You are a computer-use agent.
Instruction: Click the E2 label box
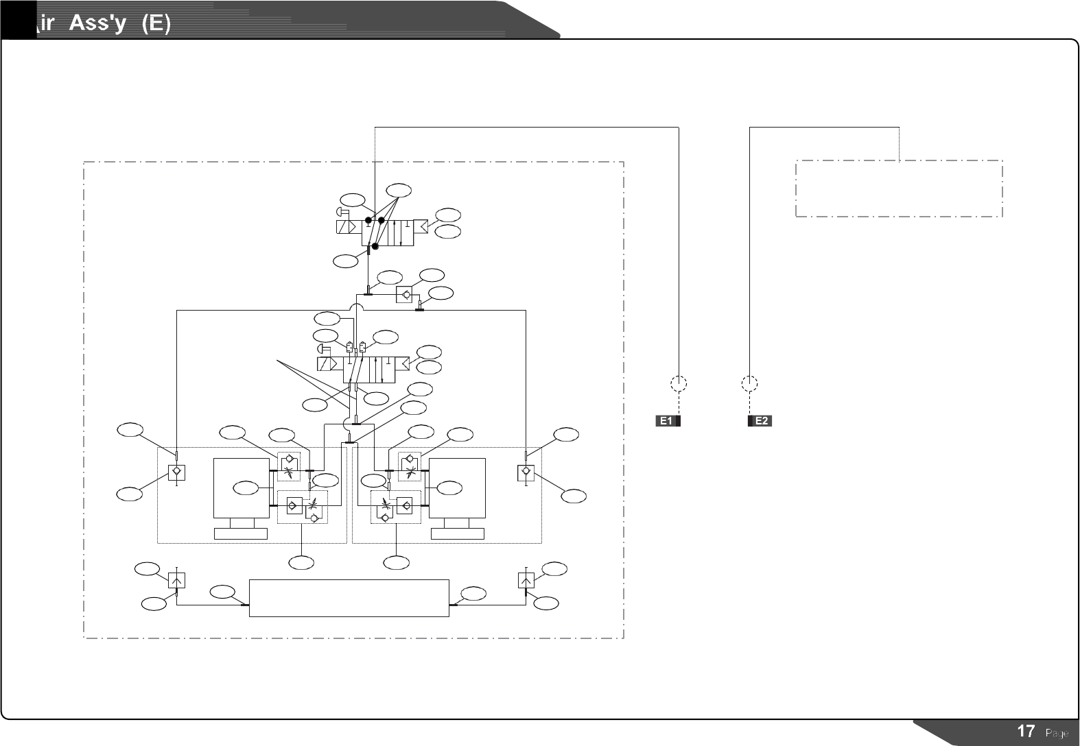pyautogui.click(x=760, y=421)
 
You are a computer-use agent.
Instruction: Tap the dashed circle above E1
pyautogui.click(x=679, y=383)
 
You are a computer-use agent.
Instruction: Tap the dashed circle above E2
pyautogui.click(x=750, y=383)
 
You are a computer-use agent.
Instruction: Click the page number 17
pyautogui.click(x=1026, y=732)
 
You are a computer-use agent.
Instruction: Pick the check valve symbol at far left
pyautogui.click(x=177, y=472)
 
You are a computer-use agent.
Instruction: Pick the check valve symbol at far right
pyautogui.click(x=526, y=472)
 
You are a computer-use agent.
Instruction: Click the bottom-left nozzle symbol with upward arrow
pyautogui.click(x=177, y=580)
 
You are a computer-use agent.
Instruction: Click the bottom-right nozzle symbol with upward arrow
pyautogui.click(x=526, y=580)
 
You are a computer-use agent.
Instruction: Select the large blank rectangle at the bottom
pyautogui.click(x=349, y=598)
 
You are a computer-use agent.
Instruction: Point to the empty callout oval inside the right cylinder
pyautogui.click(x=449, y=488)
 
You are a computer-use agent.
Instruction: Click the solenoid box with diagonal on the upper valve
pyautogui.click(x=349, y=227)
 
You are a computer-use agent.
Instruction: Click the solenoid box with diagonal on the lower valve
pyautogui.click(x=329, y=363)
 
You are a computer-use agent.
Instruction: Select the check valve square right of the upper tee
pyautogui.click(x=406, y=293)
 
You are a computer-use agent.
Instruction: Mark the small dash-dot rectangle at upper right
pyautogui.click(x=899, y=189)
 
